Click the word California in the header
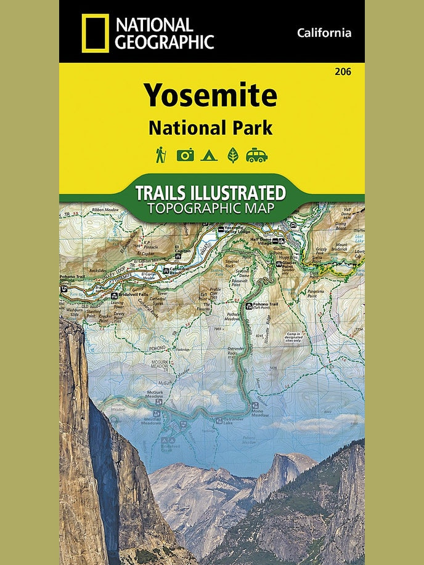click(x=324, y=33)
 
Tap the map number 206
click(x=343, y=72)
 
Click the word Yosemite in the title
click(x=211, y=95)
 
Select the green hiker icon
click(x=161, y=154)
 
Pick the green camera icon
click(x=185, y=155)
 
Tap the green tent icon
click(x=209, y=155)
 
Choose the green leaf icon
click(x=233, y=155)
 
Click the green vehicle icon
click(x=257, y=155)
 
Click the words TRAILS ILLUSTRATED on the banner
click(x=211, y=193)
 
